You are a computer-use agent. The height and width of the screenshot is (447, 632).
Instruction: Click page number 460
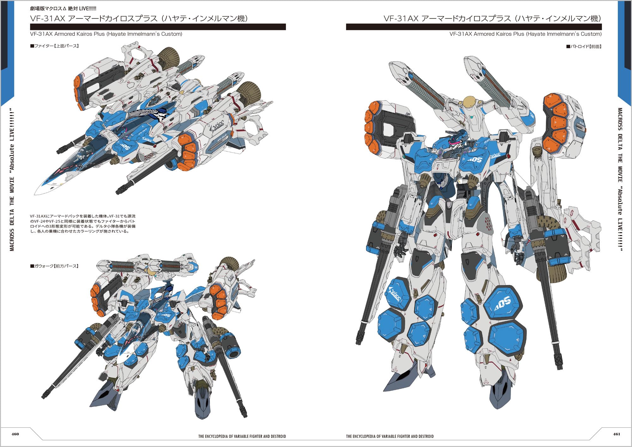pyautogui.click(x=15, y=434)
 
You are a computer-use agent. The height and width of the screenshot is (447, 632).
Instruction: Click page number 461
pyautogui.click(x=617, y=434)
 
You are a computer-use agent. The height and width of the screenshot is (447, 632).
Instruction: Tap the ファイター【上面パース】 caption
pyautogui.click(x=55, y=46)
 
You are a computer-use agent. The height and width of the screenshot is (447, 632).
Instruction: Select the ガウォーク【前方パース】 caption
pyautogui.click(x=54, y=266)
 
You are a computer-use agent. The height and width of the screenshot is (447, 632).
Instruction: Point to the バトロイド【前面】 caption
pyautogui.click(x=584, y=47)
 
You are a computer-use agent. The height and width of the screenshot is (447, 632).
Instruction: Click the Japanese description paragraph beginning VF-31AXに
pyautogui.click(x=83, y=224)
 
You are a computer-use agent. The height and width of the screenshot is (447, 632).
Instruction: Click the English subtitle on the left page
pyautogui.click(x=106, y=34)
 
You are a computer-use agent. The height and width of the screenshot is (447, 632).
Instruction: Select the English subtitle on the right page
pyautogui.click(x=526, y=34)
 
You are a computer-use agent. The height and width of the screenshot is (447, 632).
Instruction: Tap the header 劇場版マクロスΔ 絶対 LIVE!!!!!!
pyautogui.click(x=63, y=9)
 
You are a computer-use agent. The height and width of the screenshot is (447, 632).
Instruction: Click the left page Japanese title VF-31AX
pyautogui.click(x=139, y=19)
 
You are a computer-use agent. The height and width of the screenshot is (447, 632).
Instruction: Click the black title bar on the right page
pyautogui.click(x=474, y=27)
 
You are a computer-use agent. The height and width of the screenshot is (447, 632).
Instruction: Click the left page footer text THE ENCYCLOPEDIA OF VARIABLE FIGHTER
pyautogui.click(x=242, y=437)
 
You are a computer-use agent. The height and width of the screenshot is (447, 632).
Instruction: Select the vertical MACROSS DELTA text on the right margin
pyautogui.click(x=620, y=179)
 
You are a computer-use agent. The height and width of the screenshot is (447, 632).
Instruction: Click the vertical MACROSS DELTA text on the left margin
pyautogui.click(x=12, y=179)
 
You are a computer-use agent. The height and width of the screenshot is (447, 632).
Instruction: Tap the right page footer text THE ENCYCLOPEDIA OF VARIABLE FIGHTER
pyautogui.click(x=390, y=437)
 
